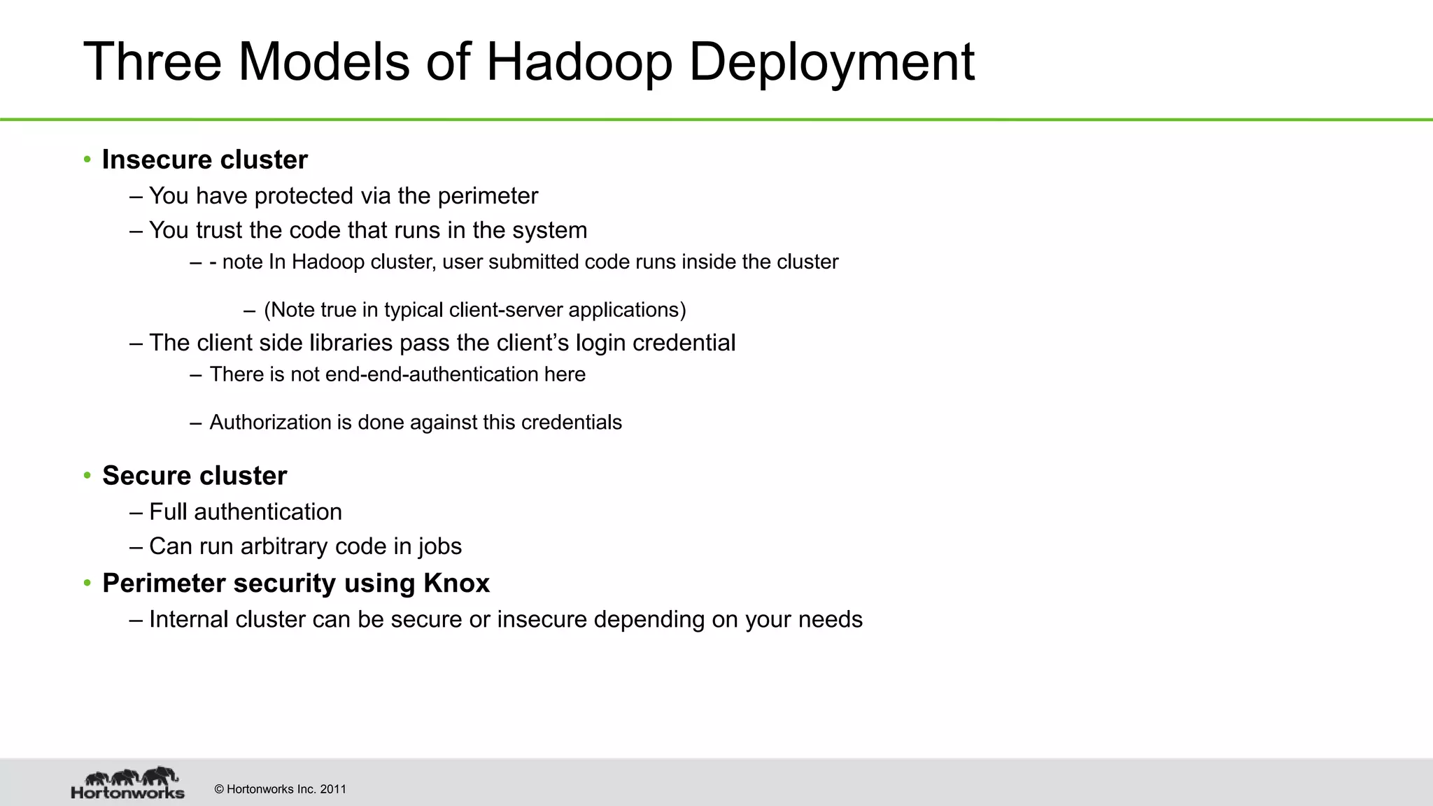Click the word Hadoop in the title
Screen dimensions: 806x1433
pos(579,62)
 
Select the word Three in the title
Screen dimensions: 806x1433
pos(153,62)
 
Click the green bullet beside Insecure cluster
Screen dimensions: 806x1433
pos(87,160)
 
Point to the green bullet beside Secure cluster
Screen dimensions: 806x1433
pos(87,476)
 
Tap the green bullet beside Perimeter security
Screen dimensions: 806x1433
pos(87,583)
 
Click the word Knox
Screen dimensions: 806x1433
pos(456,583)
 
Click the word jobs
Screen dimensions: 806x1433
pos(440,547)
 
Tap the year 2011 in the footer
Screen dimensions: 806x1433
pos(333,789)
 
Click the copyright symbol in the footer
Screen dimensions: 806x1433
pos(219,789)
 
